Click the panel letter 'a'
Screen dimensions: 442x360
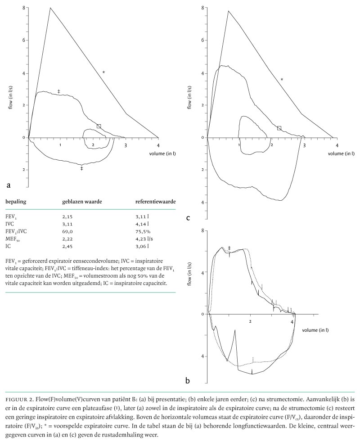[8, 185]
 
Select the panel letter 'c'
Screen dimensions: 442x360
[188, 218]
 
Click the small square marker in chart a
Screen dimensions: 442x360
[99, 126]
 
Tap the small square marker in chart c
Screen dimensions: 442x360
[279, 128]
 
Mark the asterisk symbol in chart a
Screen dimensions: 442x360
[103, 72]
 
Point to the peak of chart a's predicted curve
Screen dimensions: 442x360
[50, 8]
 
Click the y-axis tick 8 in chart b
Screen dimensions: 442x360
[204, 231]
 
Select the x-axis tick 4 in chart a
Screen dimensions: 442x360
[158, 145]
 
